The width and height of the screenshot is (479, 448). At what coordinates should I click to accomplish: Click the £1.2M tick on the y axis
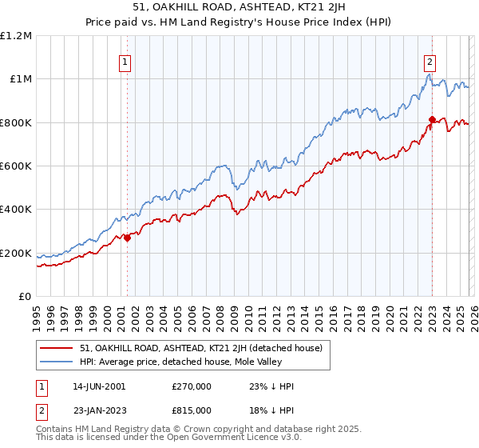click(x=16, y=35)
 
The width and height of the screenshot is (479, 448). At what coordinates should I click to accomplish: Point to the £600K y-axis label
click(x=16, y=166)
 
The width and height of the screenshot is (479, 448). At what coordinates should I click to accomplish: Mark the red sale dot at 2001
click(x=127, y=238)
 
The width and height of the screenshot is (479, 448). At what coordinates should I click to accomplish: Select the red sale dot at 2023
click(x=432, y=119)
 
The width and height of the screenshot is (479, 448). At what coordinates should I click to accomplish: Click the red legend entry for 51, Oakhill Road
click(x=200, y=348)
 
